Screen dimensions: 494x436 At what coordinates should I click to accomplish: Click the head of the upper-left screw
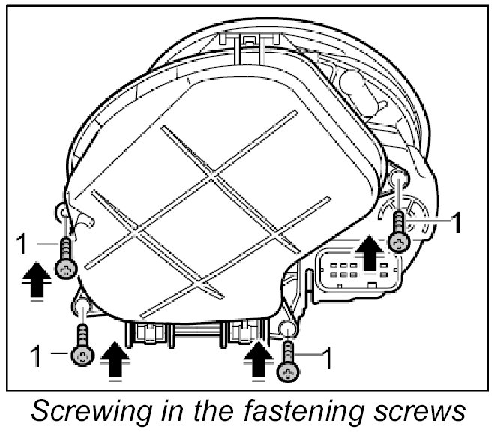tap(67, 268)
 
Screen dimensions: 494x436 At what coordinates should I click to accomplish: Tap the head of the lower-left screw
tap(81, 354)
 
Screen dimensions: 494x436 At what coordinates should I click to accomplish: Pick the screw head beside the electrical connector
tap(399, 241)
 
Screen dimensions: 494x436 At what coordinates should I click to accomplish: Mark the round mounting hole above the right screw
tap(399, 177)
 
